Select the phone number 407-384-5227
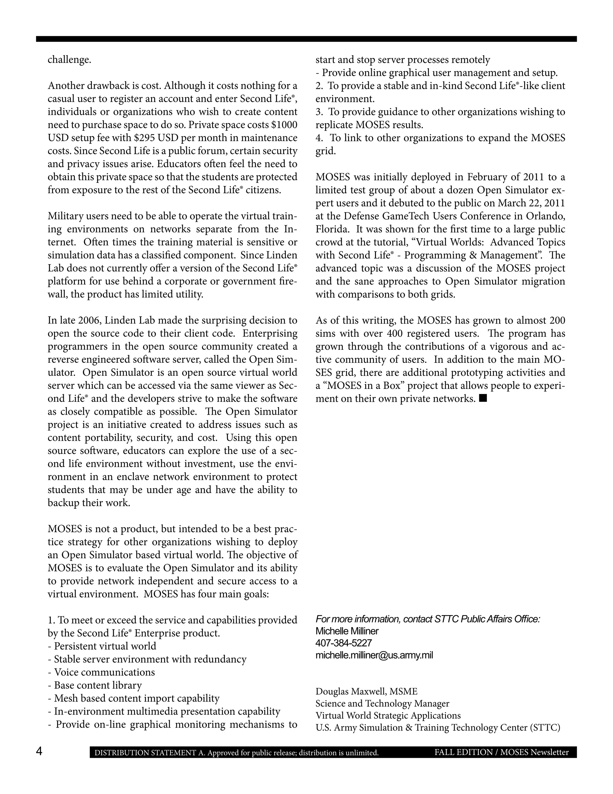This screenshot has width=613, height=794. pyautogui.click(x=344, y=643)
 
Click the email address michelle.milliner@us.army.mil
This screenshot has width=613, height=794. pyautogui.click(x=374, y=655)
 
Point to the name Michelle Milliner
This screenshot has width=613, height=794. pyautogui.click(x=347, y=631)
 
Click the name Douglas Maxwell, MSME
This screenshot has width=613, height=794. pyautogui.click(x=366, y=692)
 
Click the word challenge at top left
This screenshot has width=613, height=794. pyautogui.click(x=69, y=60)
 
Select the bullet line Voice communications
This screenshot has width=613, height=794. pyautogui.click(x=102, y=672)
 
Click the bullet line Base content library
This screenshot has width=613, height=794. pyautogui.click(x=95, y=685)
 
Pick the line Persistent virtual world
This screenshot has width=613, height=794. pyautogui.click(x=102, y=646)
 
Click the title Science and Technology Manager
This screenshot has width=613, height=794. pyautogui.click(x=382, y=704)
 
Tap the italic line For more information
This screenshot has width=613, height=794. pyautogui.click(x=427, y=619)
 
